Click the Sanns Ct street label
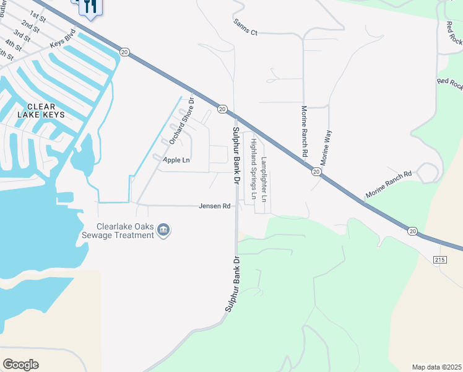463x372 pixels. pyautogui.click(x=245, y=27)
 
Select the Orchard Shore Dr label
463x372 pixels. pyautogui.click(x=181, y=120)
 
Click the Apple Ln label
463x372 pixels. pyautogui.click(x=176, y=160)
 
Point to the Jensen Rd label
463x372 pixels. pyautogui.click(x=215, y=206)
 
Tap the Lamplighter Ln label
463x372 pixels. pyautogui.click(x=264, y=180)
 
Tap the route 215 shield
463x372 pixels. pyautogui.click(x=439, y=259)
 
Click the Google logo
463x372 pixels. pyautogui.click(x=20, y=365)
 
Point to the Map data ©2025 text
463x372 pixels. pyautogui.click(x=436, y=367)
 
